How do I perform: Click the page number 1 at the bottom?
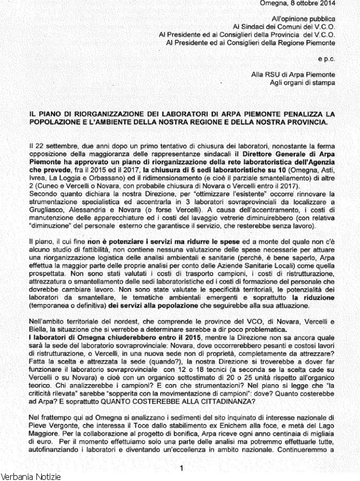pyautogui.click(x=182, y=469)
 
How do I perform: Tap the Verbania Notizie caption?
pyautogui.click(x=30, y=476)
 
